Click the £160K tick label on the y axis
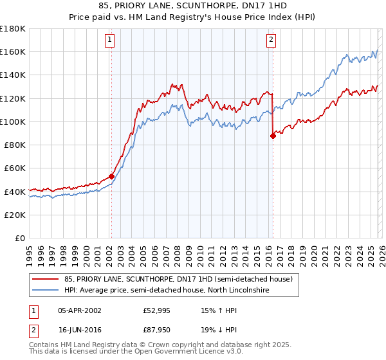click(12, 51)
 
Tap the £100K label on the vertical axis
click(12, 122)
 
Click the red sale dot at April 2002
click(111, 176)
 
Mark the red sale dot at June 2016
click(272, 136)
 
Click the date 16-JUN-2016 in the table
click(79, 330)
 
